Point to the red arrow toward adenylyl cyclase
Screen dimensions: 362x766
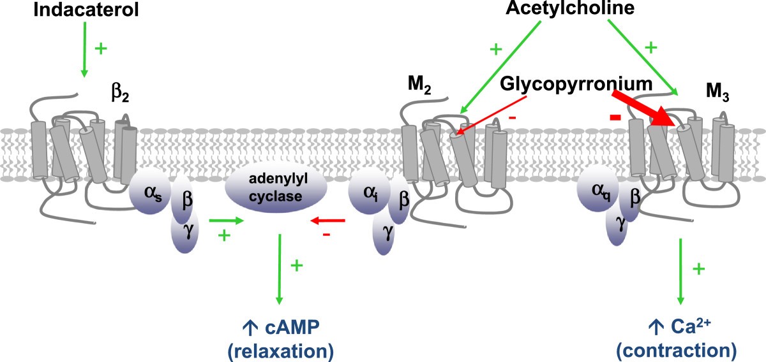(x=327, y=221)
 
